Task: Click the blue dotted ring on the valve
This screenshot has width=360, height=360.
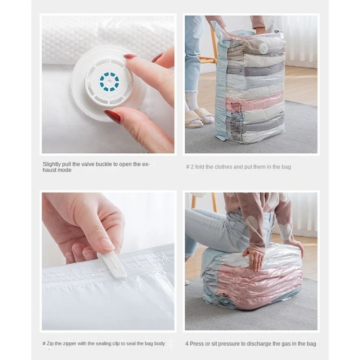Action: point(109,82)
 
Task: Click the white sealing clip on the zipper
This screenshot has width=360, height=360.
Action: point(112,264)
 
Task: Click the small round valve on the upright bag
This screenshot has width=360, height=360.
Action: point(264,49)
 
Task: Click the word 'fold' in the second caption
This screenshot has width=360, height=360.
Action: point(199,167)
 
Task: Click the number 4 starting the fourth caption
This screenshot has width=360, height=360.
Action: point(187,344)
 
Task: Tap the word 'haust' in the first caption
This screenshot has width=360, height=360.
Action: point(49,170)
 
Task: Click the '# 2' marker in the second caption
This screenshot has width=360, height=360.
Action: point(190,167)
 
